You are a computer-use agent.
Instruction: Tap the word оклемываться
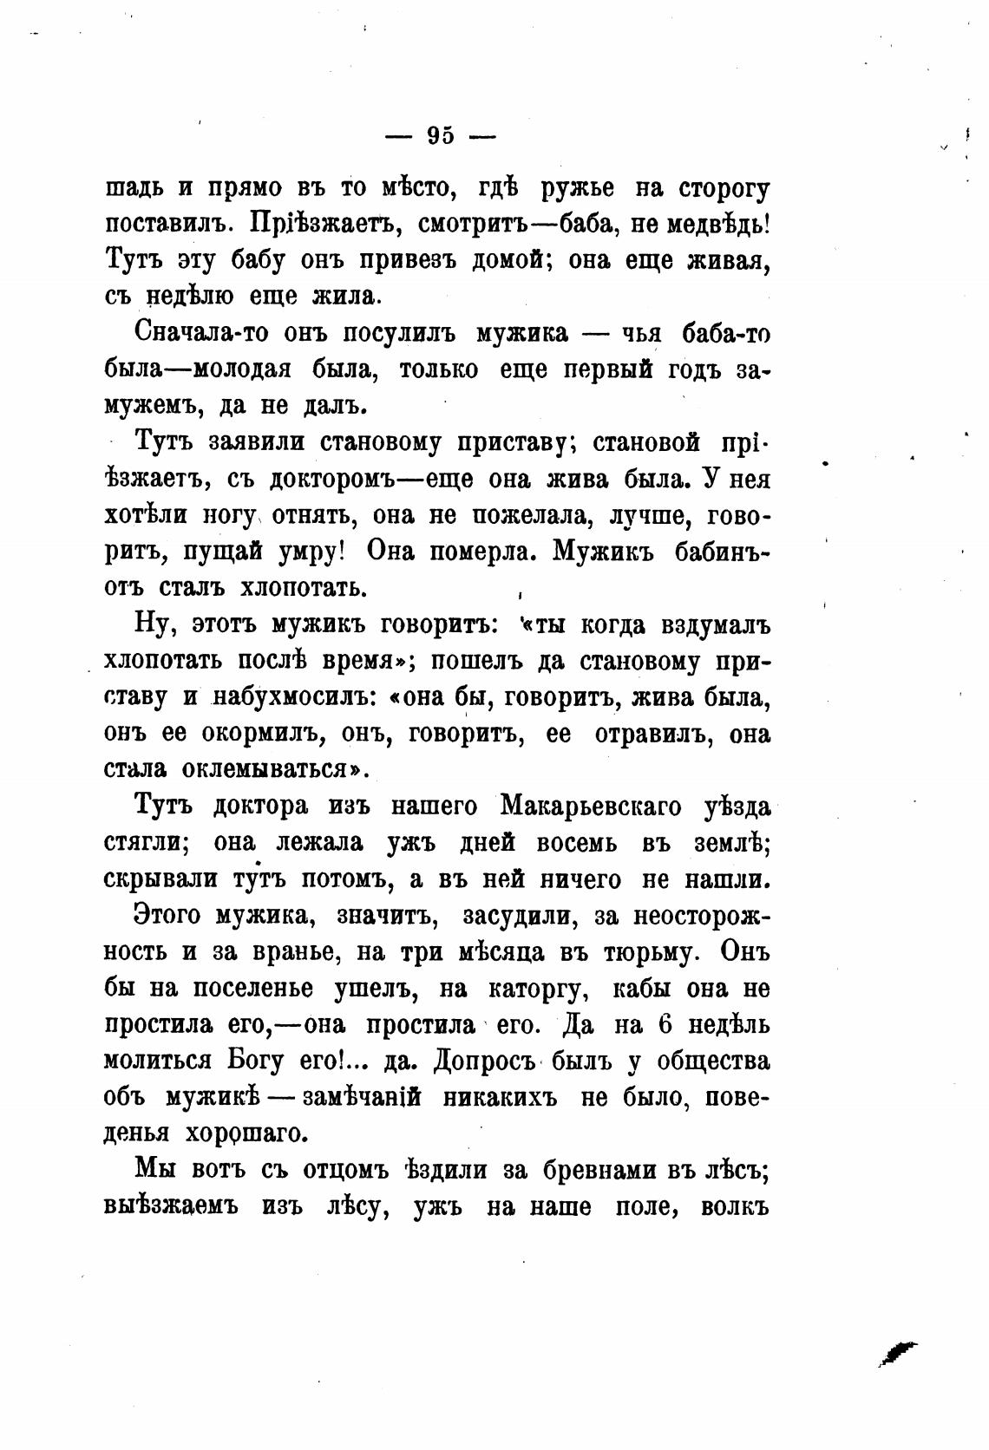(x=269, y=770)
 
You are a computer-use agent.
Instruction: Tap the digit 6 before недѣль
(x=666, y=1024)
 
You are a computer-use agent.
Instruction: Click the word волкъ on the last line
(x=734, y=1206)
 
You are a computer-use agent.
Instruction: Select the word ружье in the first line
(x=577, y=188)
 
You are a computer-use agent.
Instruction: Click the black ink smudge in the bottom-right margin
(x=897, y=1350)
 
